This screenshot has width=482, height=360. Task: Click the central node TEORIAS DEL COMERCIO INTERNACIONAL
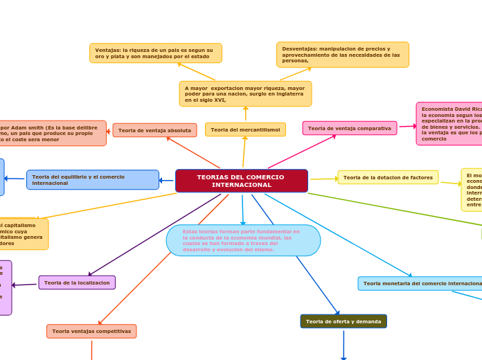242,181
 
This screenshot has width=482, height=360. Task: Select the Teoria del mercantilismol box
245,129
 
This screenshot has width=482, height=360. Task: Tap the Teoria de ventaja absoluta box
154,130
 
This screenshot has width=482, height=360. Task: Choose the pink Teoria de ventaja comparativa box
349,128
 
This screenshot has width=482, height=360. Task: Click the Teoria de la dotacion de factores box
388,177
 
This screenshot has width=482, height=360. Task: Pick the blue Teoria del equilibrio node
93,180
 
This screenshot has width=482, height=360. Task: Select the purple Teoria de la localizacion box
77,282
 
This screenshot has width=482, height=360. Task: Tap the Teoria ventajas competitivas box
91,332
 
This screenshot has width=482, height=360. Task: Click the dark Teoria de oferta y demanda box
343,321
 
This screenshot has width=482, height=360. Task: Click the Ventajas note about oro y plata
156,53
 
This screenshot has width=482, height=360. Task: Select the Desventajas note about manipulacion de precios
342,55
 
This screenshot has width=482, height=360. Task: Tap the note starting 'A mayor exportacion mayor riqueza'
245,93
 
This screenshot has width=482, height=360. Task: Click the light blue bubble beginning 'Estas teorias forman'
243,240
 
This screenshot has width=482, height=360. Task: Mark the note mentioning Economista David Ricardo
449,124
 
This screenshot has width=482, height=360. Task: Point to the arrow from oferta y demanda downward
343,345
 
